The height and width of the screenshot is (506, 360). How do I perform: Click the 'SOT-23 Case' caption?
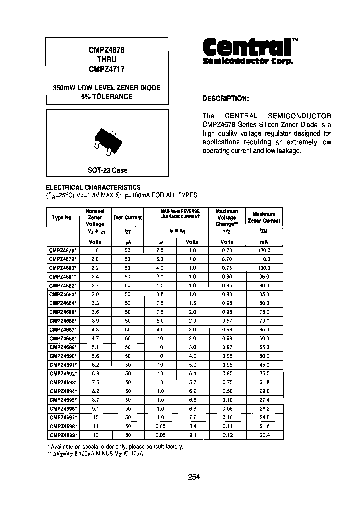pos(107,170)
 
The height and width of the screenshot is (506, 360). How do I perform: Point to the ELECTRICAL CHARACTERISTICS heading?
pos(93,187)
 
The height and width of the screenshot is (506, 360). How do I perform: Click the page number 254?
pos(194,477)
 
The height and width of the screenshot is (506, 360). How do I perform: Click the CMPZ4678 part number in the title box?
pos(107,50)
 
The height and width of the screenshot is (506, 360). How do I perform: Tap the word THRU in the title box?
pos(107,59)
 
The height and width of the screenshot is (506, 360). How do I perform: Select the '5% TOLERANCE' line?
pos(107,96)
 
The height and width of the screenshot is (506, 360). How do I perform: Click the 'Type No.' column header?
pos(62,218)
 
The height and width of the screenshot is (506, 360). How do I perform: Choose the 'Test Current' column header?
pos(127,218)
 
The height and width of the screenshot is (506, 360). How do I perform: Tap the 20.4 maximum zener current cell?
pos(264,435)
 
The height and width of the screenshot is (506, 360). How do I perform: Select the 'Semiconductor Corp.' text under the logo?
pos(248,61)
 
